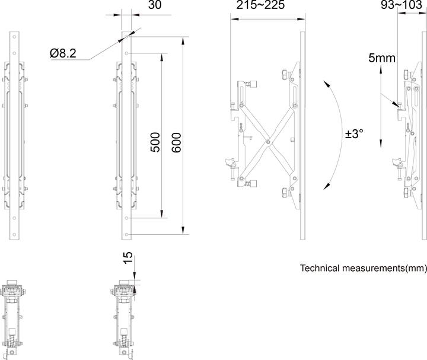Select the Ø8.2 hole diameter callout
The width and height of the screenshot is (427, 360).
coord(64,53)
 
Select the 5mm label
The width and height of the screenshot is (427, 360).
coord(381,58)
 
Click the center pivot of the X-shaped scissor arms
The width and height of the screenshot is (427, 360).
coord(269,141)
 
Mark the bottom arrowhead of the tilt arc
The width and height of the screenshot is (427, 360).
coord(326,187)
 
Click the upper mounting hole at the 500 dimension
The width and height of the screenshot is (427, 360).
coord(126,53)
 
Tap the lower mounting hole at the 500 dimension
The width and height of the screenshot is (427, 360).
coord(126,218)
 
